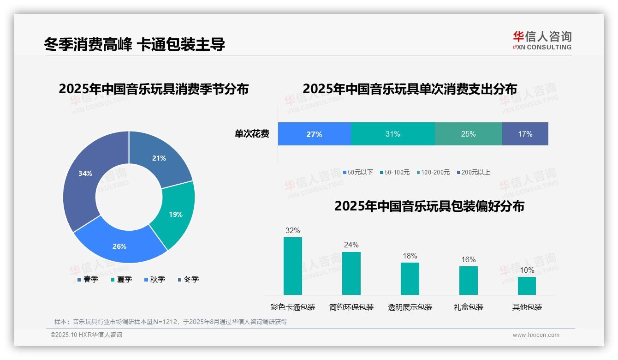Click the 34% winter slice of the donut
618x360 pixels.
(83, 178)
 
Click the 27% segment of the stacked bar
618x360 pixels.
(314, 134)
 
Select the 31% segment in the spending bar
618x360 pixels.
(392, 134)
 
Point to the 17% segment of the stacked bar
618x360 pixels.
(525, 134)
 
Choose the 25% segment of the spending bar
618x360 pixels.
(468, 134)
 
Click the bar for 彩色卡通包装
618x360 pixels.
(292, 266)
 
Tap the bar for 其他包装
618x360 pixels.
(527, 286)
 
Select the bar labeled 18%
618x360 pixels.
(410, 279)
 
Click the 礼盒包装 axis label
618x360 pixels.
(468, 307)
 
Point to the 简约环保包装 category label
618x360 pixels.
(351, 307)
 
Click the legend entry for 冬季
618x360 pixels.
(188, 279)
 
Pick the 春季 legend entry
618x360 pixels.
(88, 279)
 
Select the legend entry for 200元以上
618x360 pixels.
(473, 172)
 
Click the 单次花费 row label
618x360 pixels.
(252, 134)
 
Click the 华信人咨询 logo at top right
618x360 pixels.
(542, 40)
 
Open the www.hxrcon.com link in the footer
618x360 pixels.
(535, 335)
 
